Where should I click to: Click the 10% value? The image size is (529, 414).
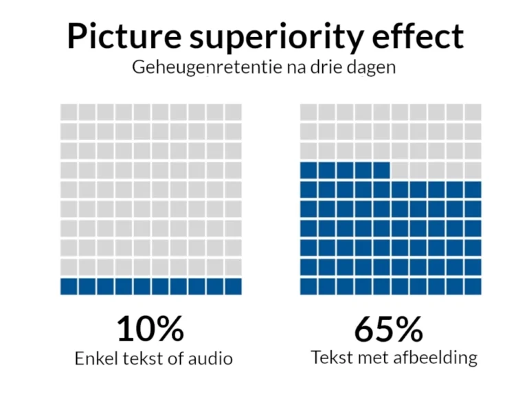(150, 329)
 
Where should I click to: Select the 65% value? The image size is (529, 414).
(389, 329)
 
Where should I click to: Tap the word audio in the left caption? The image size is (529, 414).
(211, 358)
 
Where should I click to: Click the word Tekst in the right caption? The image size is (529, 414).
(330, 357)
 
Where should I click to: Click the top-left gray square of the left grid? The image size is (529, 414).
(69, 112)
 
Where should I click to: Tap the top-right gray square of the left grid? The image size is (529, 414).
(233, 112)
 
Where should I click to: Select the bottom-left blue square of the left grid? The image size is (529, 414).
(69, 286)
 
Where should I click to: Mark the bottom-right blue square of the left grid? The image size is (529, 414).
(233, 286)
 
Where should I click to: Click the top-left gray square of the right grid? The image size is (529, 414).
(308, 112)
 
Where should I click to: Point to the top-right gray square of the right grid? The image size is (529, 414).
(473, 112)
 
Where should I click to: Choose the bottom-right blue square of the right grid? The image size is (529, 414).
(473, 286)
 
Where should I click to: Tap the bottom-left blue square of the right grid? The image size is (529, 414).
(308, 286)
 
